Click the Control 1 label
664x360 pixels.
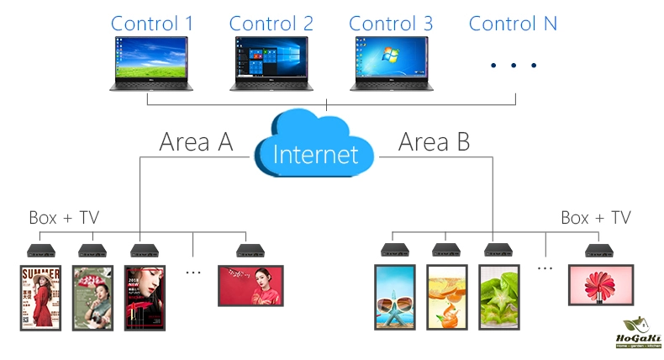coord(152,23)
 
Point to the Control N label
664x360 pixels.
coord(513,23)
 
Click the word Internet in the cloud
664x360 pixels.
coord(315,154)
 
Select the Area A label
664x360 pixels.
coord(196,142)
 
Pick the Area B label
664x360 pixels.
coord(434,142)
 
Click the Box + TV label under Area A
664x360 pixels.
coord(64,218)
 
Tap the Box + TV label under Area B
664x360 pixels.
coord(595,218)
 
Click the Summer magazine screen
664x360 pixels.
coord(40,297)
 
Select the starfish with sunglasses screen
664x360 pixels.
coord(394,297)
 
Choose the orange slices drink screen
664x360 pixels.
coord(446,297)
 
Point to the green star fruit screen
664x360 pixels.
coord(499,297)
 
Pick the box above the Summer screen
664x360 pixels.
coord(40,249)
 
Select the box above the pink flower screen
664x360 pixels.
coord(602,249)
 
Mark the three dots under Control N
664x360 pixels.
coord(513,65)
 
